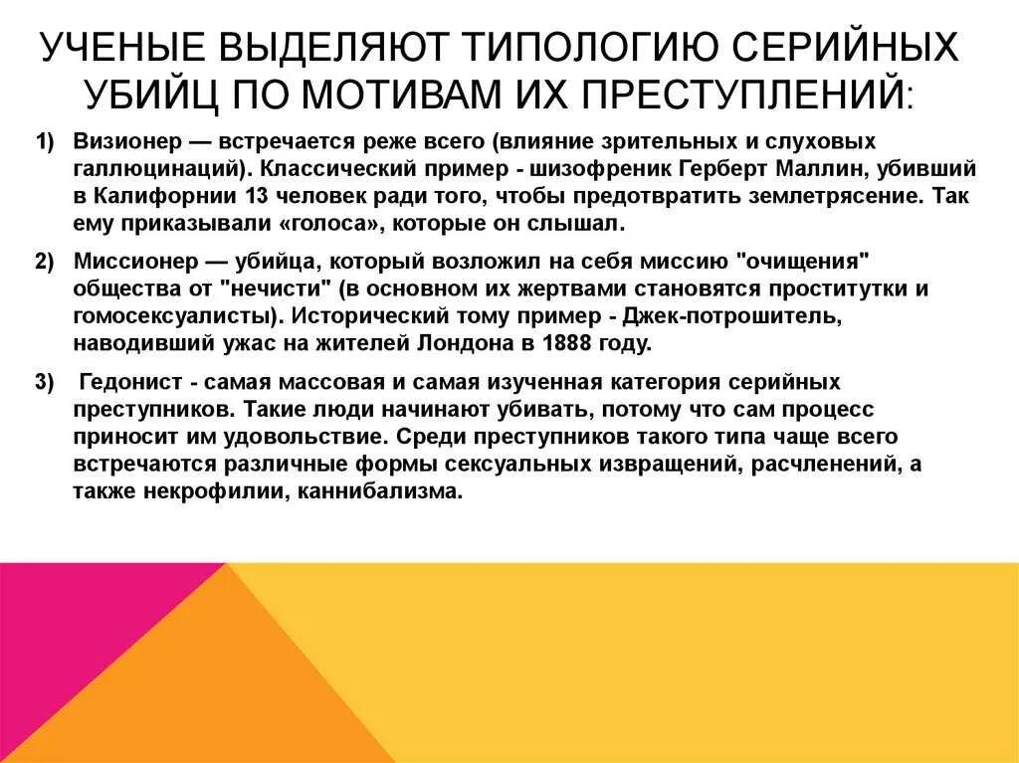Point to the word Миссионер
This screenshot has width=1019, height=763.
(128, 262)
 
